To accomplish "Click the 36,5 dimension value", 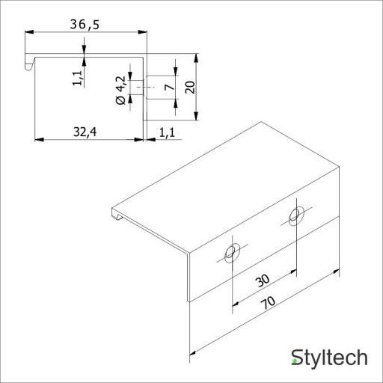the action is tap(85, 25).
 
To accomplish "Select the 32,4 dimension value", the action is tap(85, 132).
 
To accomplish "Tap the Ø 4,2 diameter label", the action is tap(121, 90).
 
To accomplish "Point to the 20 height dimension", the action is tap(191, 87).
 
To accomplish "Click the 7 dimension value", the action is tap(170, 87).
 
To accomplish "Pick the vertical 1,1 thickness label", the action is tap(78, 78).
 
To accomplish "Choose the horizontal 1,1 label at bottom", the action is tap(167, 132).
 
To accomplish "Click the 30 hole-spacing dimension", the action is tap(263, 281).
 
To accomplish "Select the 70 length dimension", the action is tap(268, 302).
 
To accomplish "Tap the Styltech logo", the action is tap(329, 358).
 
